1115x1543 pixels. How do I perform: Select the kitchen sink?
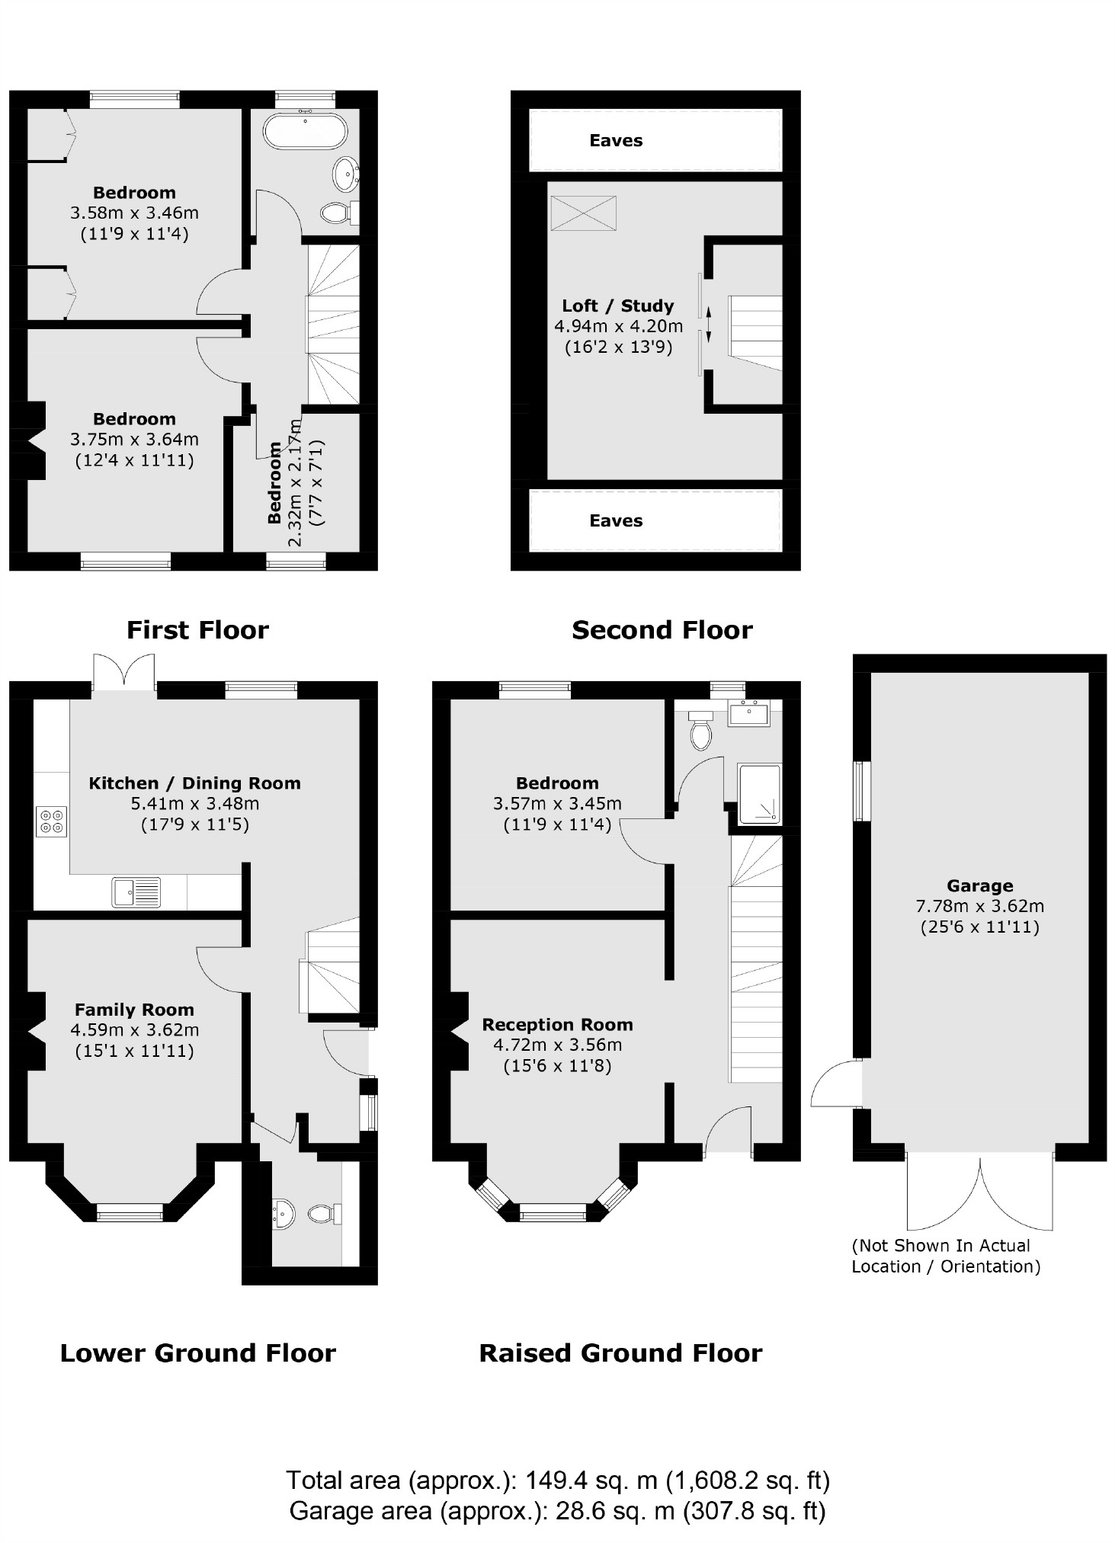(136, 892)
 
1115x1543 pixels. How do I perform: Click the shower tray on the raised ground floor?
(759, 793)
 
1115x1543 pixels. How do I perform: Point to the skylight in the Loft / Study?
(583, 213)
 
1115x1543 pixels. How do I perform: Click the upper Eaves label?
(616, 140)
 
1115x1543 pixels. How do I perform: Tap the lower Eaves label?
(616, 520)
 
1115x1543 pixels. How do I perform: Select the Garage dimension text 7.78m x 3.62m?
(979, 906)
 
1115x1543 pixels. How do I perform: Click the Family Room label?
(134, 1010)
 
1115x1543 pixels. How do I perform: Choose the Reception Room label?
(557, 1024)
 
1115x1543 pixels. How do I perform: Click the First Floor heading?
(197, 630)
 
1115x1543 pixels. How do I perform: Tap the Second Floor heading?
(662, 630)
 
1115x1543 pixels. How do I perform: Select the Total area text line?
(557, 1480)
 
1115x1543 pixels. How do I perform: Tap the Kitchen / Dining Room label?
(194, 783)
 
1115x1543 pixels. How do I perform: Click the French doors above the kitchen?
(123, 672)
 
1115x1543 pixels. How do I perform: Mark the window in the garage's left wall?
(861, 790)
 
